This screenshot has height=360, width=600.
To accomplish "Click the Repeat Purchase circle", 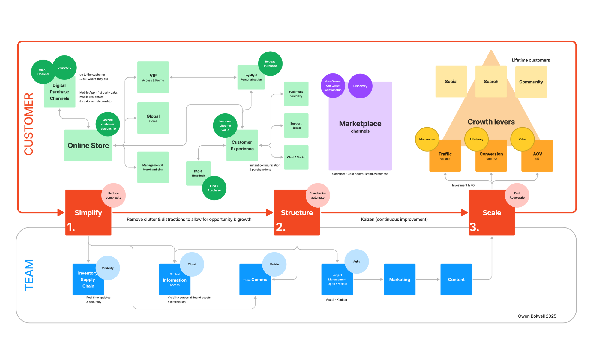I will pyautogui.click(x=270, y=64).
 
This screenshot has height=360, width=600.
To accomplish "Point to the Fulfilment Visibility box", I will pyautogui.click(x=296, y=94).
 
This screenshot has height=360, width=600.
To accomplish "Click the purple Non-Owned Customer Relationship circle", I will pyautogui.click(x=333, y=86).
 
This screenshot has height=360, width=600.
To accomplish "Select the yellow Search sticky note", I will pyautogui.click(x=491, y=82).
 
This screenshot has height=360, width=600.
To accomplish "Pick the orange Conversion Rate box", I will pyautogui.click(x=491, y=159).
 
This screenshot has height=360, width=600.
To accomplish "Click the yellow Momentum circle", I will pyautogui.click(x=427, y=139).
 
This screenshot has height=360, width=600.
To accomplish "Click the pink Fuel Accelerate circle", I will pyautogui.click(x=517, y=195).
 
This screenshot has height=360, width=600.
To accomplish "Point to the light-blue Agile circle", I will pyautogui.click(x=356, y=262).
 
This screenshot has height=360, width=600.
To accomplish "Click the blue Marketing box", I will pyautogui.click(x=400, y=280).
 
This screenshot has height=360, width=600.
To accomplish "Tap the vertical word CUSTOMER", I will pyautogui.click(x=29, y=124).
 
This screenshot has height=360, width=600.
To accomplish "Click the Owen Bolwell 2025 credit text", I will pyautogui.click(x=537, y=316).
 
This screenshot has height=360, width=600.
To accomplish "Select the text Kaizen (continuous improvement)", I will pyautogui.click(x=394, y=220).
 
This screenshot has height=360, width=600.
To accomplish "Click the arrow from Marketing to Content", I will pyautogui.click(x=428, y=280).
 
